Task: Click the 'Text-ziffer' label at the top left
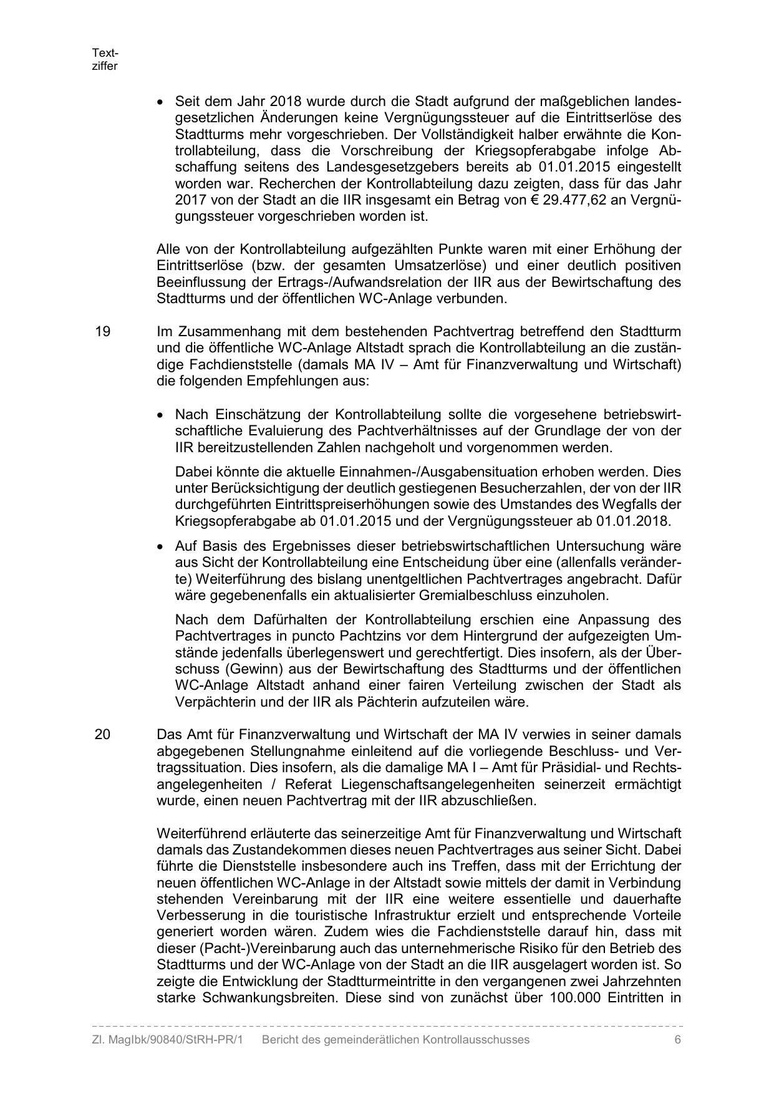coord(105,60)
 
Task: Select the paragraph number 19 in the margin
coord(103,331)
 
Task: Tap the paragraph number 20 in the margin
coord(103,734)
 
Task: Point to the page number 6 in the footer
coord(677,1040)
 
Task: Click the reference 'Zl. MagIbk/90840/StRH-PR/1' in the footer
coord(167,1040)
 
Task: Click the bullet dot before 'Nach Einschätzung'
coord(161,415)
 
